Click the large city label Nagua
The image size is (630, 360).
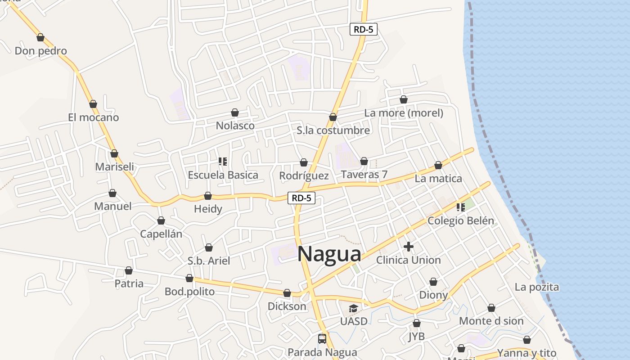pos(329,254)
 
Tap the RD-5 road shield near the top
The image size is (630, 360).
pos(363,30)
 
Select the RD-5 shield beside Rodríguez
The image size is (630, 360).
pos(301,198)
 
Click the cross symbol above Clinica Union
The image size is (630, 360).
pos(409,247)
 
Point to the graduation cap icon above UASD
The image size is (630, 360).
pos(353,309)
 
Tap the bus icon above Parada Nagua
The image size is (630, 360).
pos(322,339)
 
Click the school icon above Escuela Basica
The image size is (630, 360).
pos(222,161)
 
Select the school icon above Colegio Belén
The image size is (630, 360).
pos(460,207)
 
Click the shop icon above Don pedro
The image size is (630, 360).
pos(40,37)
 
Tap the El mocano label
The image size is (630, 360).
pos(94,117)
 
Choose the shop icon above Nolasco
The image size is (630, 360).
pos(235,112)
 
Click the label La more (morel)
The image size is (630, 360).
pos(404,113)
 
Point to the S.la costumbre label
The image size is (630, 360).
pos(333,130)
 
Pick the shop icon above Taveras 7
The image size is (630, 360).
pos(364,161)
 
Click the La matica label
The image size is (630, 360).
pos(438,179)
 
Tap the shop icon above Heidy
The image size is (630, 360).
pos(208,196)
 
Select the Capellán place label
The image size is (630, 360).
pos(161,234)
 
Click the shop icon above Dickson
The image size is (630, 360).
pos(287,293)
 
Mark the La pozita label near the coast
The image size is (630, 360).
pos(537,287)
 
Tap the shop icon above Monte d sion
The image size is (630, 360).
pos(491,308)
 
